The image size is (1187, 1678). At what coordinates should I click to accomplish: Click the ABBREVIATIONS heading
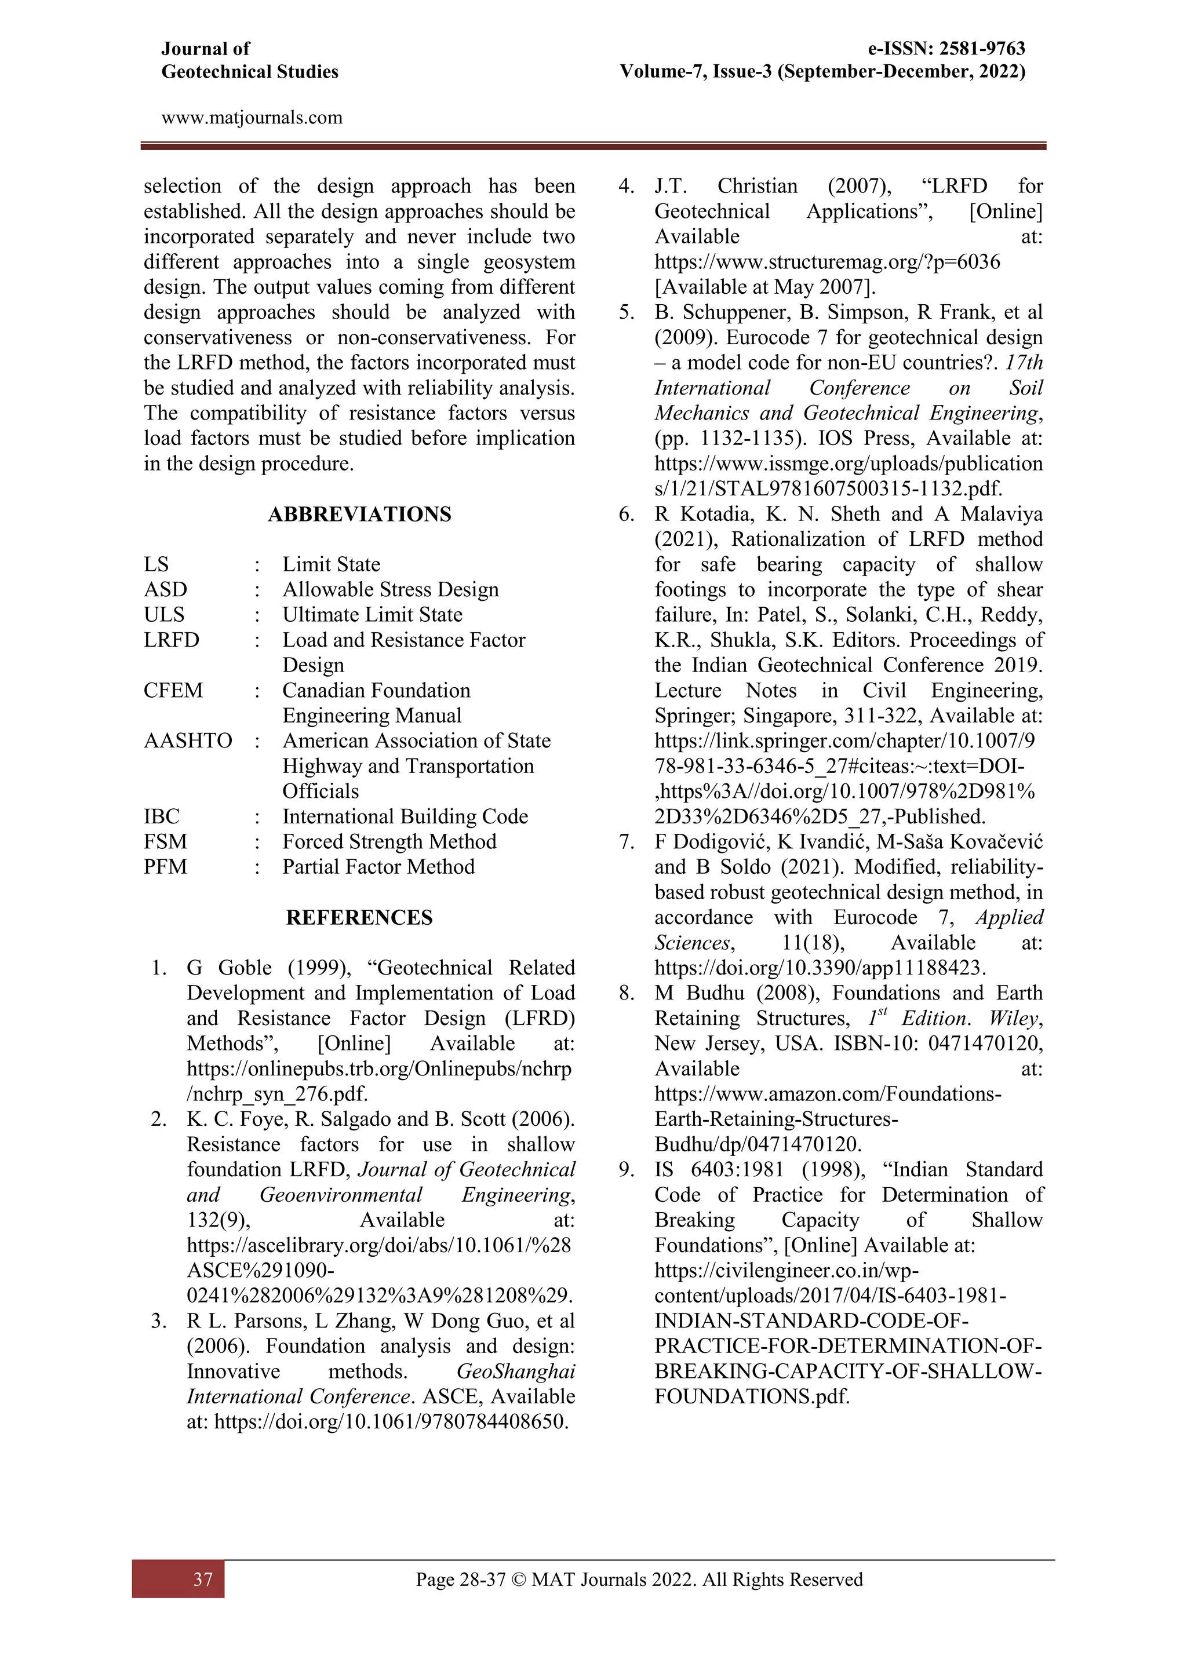pyautogui.click(x=359, y=515)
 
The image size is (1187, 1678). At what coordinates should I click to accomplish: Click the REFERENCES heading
pyautogui.click(x=359, y=918)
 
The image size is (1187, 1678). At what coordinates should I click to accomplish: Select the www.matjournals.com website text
pyautogui.click(x=252, y=118)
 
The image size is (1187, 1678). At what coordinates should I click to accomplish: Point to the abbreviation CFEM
pyautogui.click(x=173, y=691)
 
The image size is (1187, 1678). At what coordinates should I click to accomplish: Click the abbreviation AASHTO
pyautogui.click(x=188, y=741)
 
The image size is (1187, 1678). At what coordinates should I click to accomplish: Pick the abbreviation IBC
pyautogui.click(x=162, y=816)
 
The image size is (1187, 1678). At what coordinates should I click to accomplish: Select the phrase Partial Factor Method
pyautogui.click(x=378, y=867)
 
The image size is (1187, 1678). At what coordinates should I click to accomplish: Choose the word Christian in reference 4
pyautogui.click(x=757, y=187)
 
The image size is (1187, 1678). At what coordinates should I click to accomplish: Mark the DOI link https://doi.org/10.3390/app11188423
pyautogui.click(x=820, y=968)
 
